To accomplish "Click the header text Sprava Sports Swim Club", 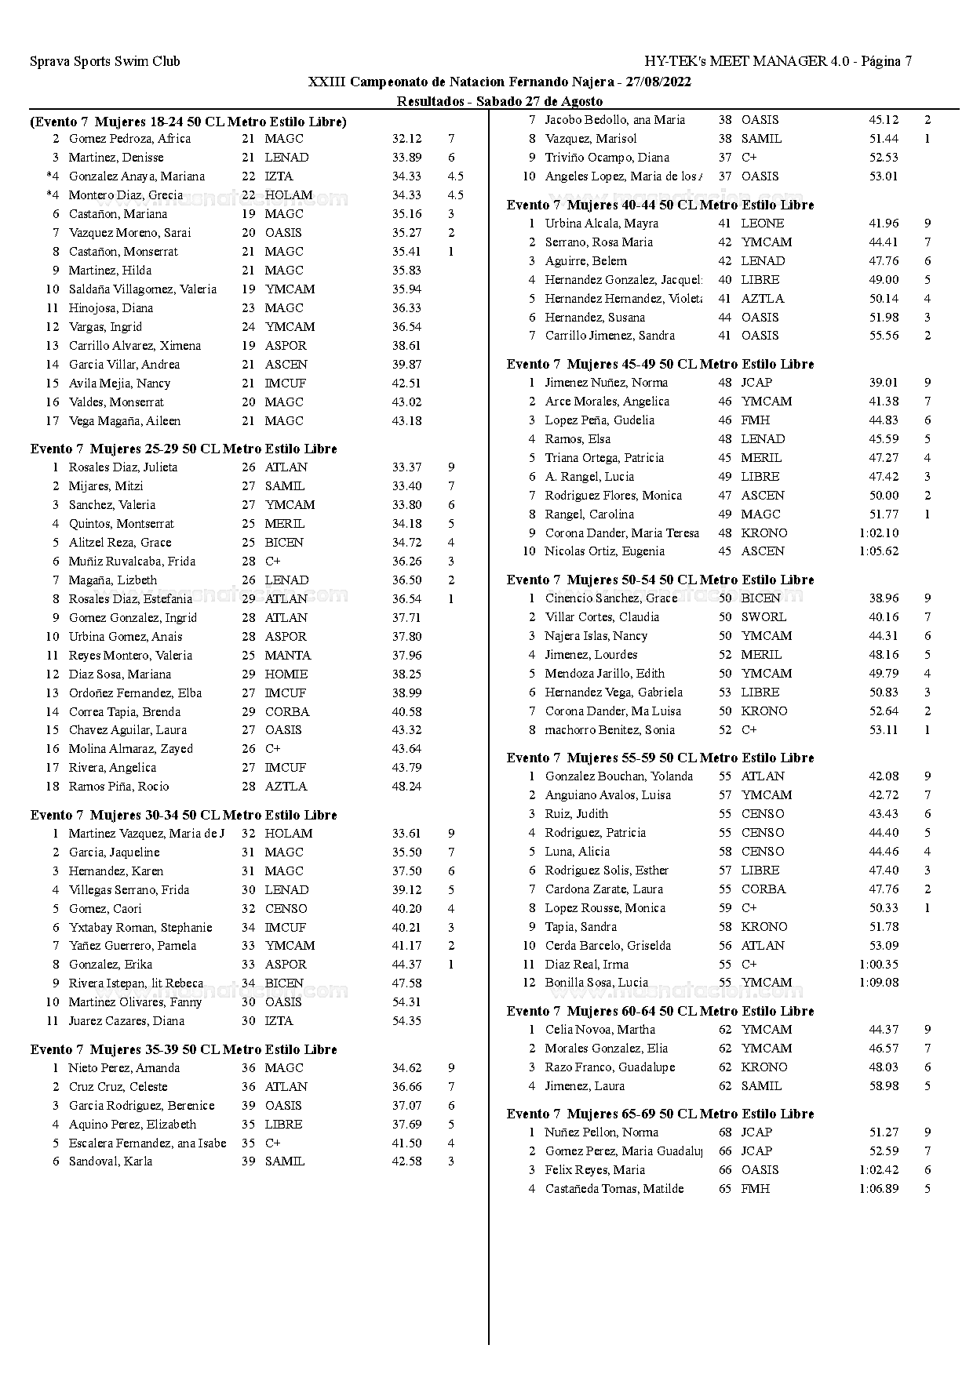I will tap(104, 61).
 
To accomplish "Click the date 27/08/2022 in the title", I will tap(659, 82).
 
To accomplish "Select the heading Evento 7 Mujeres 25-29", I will tap(184, 449).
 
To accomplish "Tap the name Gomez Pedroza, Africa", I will tap(129, 139).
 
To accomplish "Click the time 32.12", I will tap(406, 139).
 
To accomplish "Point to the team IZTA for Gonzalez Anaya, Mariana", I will tap(279, 176).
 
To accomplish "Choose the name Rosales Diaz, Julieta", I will tap(122, 467).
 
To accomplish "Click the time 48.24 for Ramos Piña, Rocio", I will tap(406, 787).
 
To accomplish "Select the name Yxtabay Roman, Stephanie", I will tap(140, 928).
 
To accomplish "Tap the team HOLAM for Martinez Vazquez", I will tap(288, 834).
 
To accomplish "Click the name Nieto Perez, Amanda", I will tap(124, 1068).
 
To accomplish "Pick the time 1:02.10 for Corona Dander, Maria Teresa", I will tap(878, 533).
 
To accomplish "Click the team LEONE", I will tap(762, 224).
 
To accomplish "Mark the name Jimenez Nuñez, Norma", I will tap(607, 383).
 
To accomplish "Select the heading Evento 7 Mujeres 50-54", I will tap(660, 580).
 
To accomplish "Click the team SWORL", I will tap(763, 617).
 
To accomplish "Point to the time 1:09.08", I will tap(878, 983).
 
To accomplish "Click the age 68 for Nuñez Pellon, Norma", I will tap(725, 1132).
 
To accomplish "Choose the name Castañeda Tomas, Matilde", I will tap(614, 1189).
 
